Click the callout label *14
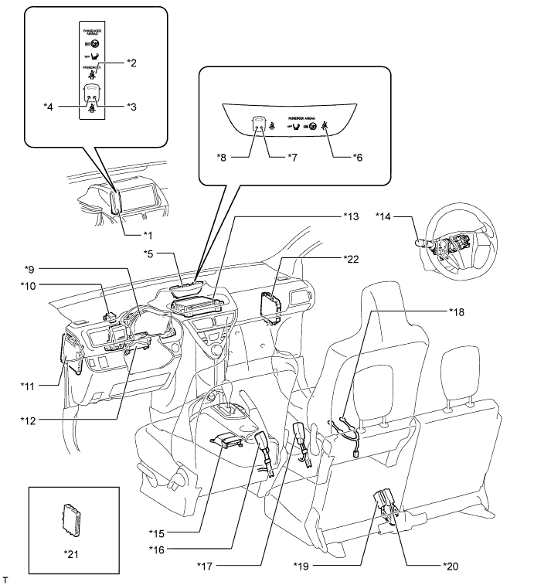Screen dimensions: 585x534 (385, 218)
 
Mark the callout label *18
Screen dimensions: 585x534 (457, 311)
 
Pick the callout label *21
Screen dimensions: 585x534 (74, 553)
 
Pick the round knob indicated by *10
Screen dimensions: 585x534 (110, 315)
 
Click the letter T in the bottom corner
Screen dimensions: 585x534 (6, 577)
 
